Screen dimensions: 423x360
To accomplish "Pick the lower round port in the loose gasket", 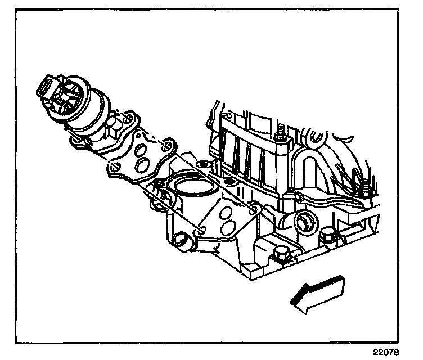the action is (x=143, y=165).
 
